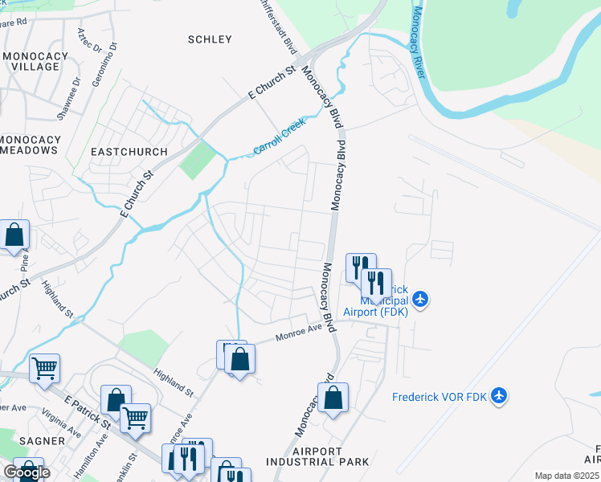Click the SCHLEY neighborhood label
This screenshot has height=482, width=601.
coord(210,39)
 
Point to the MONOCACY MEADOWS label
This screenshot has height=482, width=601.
coord(31,145)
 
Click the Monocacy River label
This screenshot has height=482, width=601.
coord(417,42)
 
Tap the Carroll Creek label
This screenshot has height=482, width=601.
coord(280,139)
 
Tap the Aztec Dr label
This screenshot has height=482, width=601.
coord(89,45)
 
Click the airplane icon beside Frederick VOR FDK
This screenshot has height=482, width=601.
coord(500,395)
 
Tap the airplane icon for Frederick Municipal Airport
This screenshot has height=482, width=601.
coord(422,300)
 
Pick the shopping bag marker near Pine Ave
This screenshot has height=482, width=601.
coord(14,236)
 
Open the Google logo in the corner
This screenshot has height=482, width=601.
coord(27,472)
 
